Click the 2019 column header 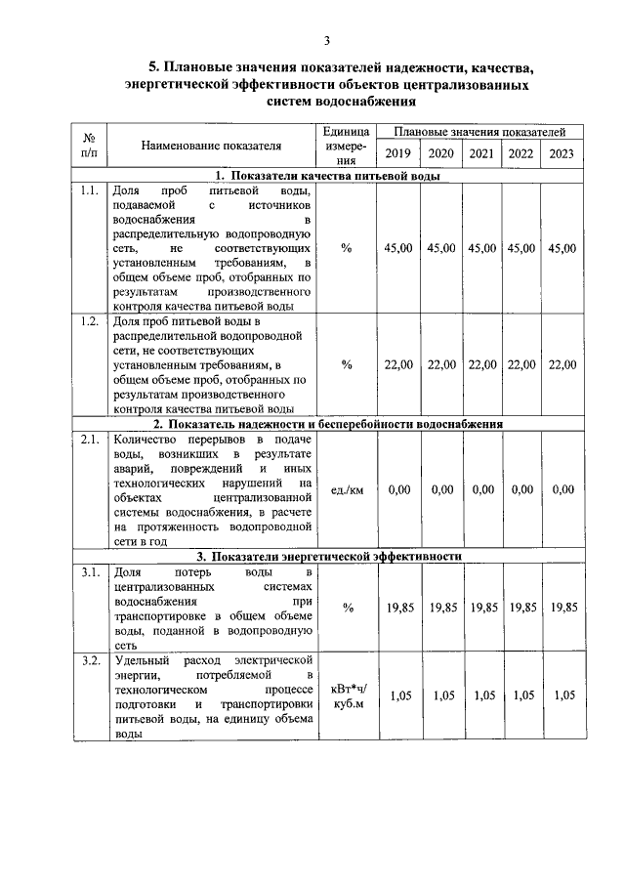(x=397, y=153)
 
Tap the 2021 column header (x=480, y=153)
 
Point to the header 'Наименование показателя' (x=211, y=146)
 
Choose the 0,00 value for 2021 (x=480, y=490)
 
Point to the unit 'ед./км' (x=347, y=490)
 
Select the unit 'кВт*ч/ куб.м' (x=347, y=696)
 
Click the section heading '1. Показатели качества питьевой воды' (x=327, y=176)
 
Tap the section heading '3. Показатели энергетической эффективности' (x=327, y=556)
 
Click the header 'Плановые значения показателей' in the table (x=480, y=131)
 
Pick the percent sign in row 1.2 (x=347, y=365)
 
